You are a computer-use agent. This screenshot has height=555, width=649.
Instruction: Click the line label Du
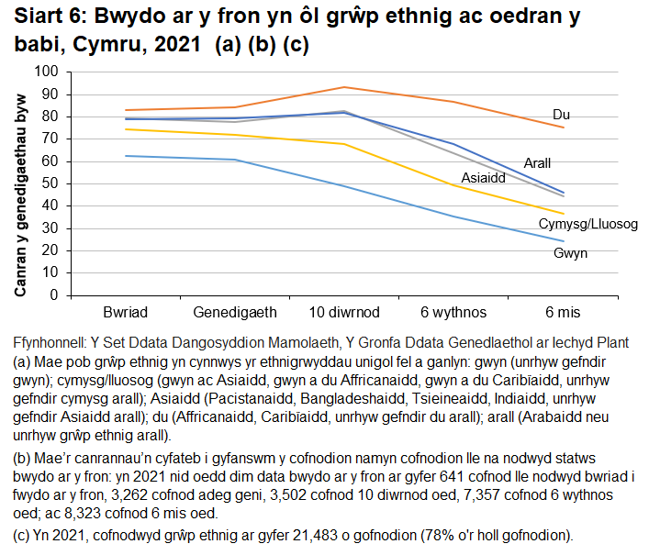[562, 115]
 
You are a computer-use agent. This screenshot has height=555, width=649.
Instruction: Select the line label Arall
[537, 162]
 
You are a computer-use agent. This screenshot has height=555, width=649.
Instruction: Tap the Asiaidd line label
[483, 178]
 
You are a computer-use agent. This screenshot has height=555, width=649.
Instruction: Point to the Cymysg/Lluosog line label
[587, 224]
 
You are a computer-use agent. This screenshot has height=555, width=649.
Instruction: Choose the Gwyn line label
[570, 252]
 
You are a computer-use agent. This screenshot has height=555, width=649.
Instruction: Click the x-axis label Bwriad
[126, 312]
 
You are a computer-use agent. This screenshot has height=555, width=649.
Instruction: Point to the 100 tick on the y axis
[46, 72]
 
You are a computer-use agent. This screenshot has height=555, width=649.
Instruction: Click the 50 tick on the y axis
[50, 183]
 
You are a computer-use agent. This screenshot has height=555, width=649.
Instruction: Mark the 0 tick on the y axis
[53, 295]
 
